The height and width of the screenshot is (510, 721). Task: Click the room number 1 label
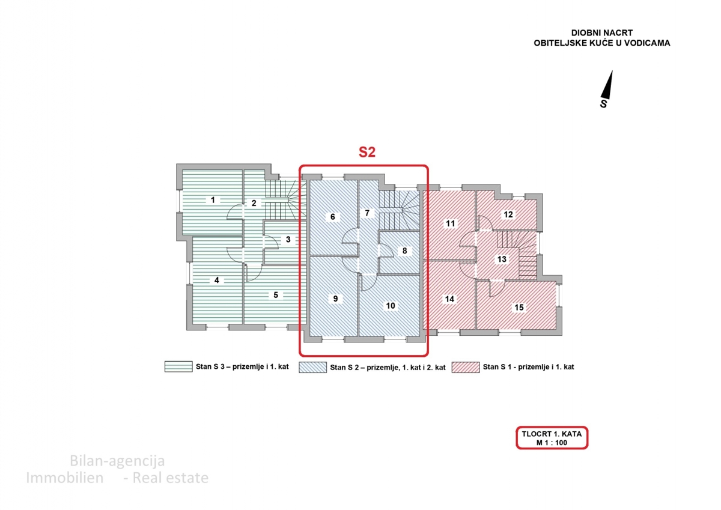point(212,200)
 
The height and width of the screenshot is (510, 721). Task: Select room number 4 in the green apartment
point(216,280)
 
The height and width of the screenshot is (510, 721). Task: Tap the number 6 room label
point(332,217)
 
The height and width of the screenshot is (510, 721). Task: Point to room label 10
point(391,306)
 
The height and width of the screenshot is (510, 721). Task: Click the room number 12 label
point(508,214)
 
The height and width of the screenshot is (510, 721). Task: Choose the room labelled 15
point(519,308)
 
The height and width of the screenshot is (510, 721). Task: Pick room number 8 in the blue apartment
point(404,250)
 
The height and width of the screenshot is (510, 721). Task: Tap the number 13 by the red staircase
point(502,260)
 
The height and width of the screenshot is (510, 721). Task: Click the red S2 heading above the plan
point(367,153)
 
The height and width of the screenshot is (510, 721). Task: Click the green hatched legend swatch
point(178,366)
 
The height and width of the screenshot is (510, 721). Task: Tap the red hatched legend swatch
point(466,367)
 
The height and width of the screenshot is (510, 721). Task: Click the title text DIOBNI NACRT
point(601,34)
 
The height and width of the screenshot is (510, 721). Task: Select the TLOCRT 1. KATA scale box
point(552,438)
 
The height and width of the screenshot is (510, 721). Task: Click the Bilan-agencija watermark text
point(117,461)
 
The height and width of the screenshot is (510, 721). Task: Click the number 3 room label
point(288,239)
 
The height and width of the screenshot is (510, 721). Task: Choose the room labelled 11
point(451,224)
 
